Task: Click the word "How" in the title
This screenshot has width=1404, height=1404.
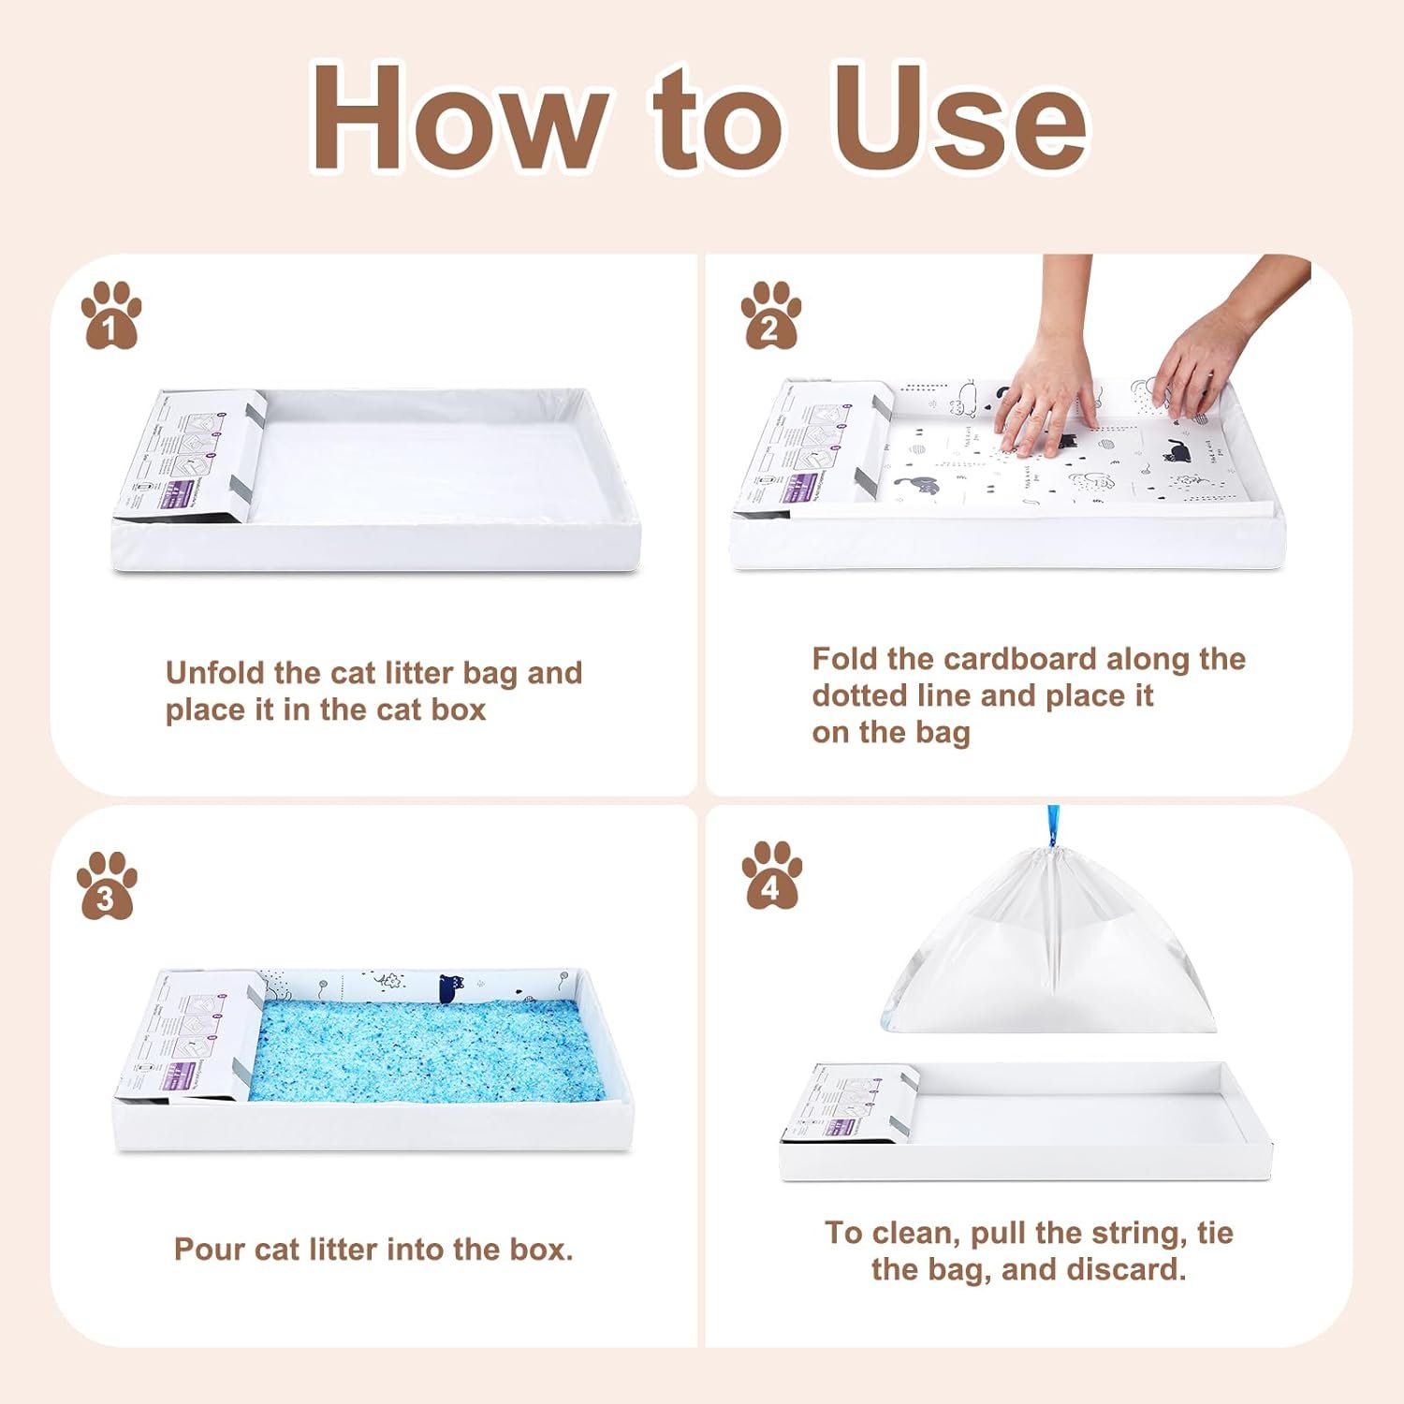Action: point(459,120)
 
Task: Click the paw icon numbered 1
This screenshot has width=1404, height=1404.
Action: point(110,315)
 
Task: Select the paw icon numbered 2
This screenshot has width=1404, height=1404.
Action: point(770,315)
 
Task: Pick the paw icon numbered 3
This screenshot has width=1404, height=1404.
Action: point(106,885)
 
